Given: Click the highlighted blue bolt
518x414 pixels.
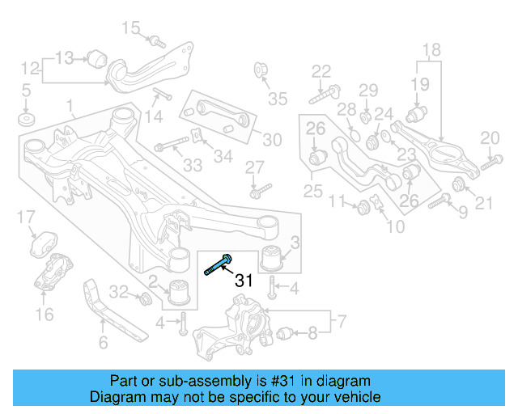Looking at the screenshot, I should coord(218,264).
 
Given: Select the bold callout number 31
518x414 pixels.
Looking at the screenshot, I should coord(244,281).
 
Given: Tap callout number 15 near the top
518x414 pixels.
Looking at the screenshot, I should coord(131,29).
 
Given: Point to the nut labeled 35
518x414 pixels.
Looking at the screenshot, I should coord(261,70).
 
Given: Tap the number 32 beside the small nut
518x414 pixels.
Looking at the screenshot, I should coord(118,291).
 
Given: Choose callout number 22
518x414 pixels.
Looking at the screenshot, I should coord(321,71).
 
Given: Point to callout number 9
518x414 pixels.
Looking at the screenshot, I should coord(462,212).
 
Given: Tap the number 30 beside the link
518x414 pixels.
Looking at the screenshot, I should coord(272,140).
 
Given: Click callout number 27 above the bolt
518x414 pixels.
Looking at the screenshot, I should coord(255,167).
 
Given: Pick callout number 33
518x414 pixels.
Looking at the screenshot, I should coord(192,166).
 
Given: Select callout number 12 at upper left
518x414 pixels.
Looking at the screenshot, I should coord(30,67).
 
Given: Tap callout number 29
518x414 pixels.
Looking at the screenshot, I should coord(368,89).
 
